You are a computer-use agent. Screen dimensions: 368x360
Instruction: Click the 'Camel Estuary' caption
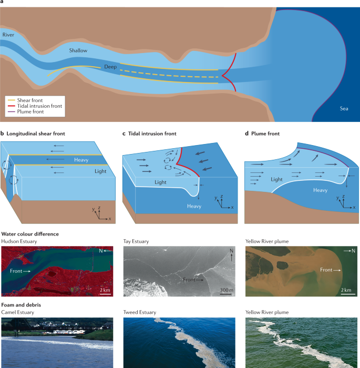[19, 312]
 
